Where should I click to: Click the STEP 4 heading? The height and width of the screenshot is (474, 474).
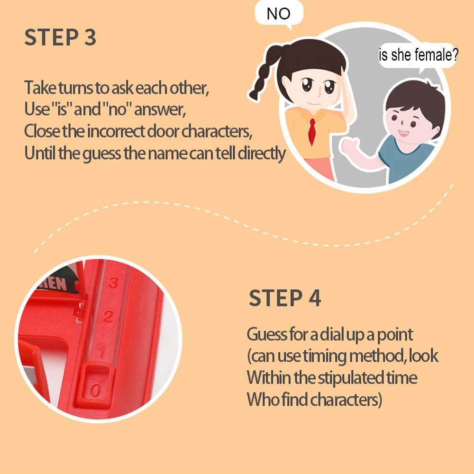284,298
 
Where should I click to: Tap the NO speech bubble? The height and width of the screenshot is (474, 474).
279,13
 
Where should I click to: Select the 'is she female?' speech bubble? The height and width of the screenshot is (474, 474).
419,55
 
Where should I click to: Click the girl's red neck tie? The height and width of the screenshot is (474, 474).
312,131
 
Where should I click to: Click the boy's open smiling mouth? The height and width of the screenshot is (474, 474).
403,133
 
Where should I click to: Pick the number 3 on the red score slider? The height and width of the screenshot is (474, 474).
113,283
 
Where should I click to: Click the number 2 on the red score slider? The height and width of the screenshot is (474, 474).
108,317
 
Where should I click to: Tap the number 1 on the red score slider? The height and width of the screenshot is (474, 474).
102,352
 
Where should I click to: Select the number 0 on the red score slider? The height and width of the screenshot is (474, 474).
95,390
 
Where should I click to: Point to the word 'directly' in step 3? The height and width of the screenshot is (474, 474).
262,154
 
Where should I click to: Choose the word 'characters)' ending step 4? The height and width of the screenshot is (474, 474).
346,400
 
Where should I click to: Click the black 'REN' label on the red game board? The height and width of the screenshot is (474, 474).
54,283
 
